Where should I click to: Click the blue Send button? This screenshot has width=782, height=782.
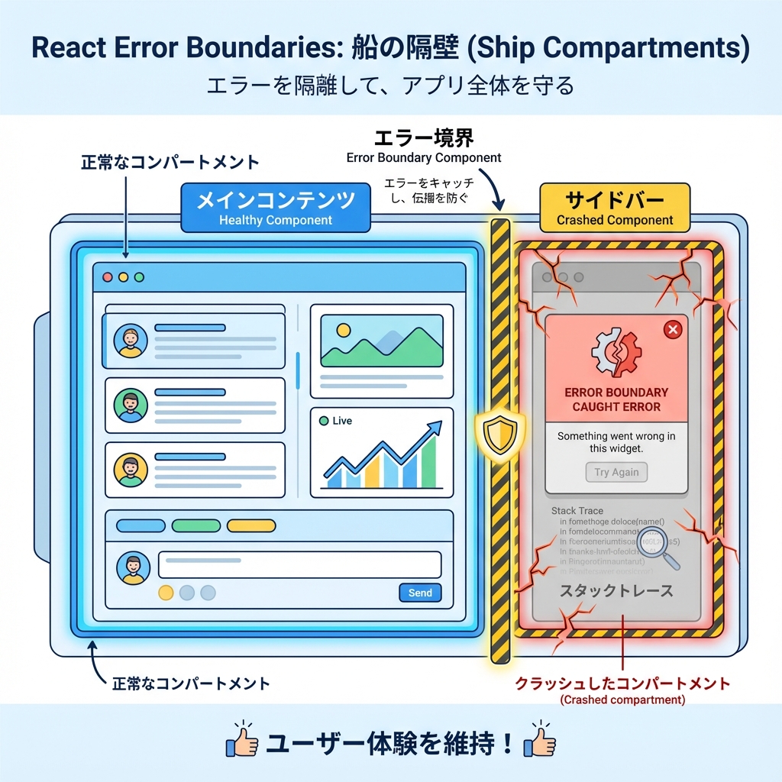pos(420,593)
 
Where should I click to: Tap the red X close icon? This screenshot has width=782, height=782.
pos(672,329)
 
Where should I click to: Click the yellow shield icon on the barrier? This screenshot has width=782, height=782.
pos(499,433)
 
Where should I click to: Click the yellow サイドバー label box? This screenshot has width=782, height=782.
pos(615,208)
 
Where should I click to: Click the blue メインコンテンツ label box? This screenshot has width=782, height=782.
pos(275,208)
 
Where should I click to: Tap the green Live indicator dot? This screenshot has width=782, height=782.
pos(323,421)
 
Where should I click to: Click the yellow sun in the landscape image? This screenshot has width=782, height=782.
pos(343,330)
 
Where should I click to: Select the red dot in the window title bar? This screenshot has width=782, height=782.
pos(108,277)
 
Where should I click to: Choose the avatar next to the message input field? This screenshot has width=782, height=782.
pos(133,568)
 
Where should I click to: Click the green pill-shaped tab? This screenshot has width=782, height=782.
pos(195,525)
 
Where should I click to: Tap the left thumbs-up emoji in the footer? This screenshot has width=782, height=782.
pos(241,740)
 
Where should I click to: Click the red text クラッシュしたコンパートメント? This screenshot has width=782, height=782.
pos(622,683)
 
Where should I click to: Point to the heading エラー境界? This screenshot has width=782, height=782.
pos(424,137)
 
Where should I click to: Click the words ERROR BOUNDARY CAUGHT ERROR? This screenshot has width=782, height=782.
pos(616,399)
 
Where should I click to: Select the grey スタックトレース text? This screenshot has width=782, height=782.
pos(616,591)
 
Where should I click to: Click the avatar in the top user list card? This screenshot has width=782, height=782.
pos(131,341)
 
